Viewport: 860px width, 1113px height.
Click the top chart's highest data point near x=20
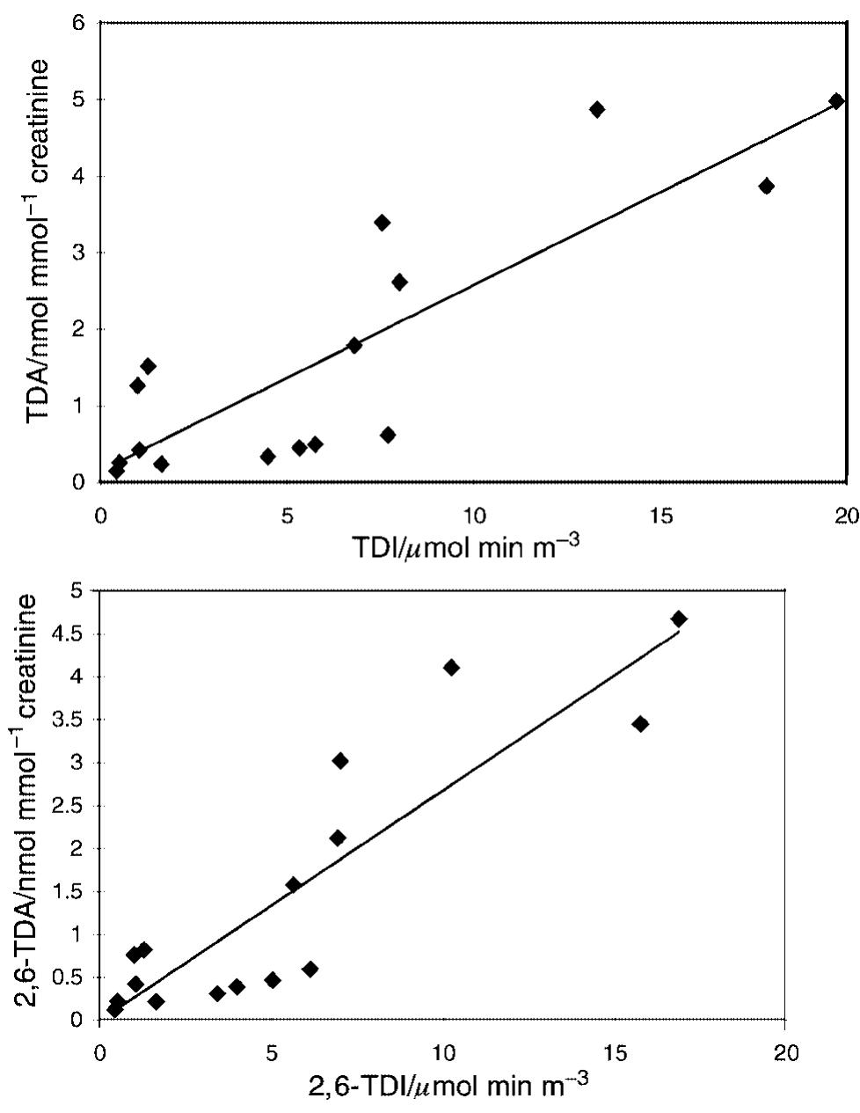(x=836, y=101)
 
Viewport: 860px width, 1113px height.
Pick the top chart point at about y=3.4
(x=382, y=223)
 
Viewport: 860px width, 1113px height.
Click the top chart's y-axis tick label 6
(x=80, y=24)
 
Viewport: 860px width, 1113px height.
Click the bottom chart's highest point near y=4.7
(x=678, y=619)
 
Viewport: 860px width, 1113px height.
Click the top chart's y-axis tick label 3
(x=80, y=253)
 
